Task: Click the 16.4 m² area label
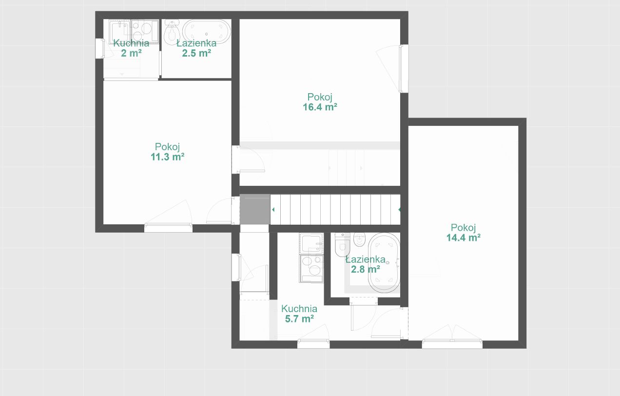pyautogui.click(x=320, y=107)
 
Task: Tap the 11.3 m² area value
pyautogui.click(x=168, y=157)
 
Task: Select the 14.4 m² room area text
pyautogui.click(x=464, y=238)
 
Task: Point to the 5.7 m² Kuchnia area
pyautogui.click(x=299, y=319)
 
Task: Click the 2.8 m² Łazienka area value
pyautogui.click(x=366, y=269)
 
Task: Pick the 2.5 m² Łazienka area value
pyautogui.click(x=196, y=53)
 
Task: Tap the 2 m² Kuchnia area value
pyautogui.click(x=131, y=53)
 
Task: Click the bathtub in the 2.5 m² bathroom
pyautogui.click(x=206, y=31)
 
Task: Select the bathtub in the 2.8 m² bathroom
pyautogui.click(x=384, y=262)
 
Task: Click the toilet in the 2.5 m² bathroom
pyautogui.click(x=172, y=33)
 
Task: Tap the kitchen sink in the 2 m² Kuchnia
pyautogui.click(x=120, y=32)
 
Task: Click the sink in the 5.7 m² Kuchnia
pyautogui.click(x=311, y=243)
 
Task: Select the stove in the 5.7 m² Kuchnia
pyautogui.click(x=311, y=268)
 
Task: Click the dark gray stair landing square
pyautogui.click(x=255, y=209)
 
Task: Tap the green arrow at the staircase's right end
pyautogui.click(x=399, y=210)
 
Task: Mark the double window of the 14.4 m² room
pyautogui.click(x=452, y=344)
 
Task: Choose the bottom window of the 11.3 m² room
pyautogui.click(x=168, y=228)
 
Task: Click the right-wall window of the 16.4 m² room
pyautogui.click(x=404, y=68)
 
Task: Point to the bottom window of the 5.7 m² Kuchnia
pyautogui.click(x=313, y=344)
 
